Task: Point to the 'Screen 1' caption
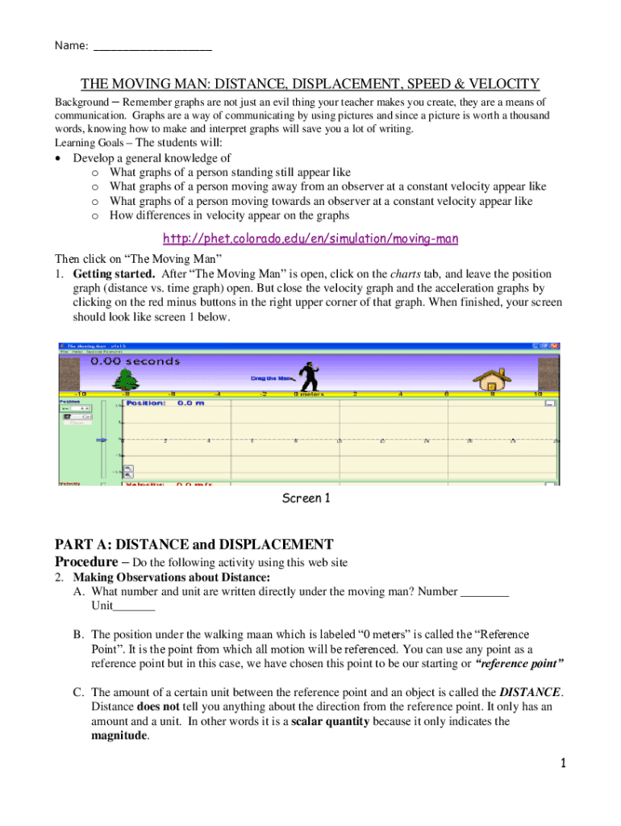[x=306, y=499]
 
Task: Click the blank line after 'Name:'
[x=152, y=46]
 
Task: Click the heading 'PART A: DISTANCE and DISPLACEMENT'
[x=194, y=544]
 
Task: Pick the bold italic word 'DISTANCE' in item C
[x=530, y=692]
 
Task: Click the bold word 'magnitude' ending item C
[x=119, y=736]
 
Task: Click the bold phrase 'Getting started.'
[x=113, y=273]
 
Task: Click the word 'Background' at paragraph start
[x=81, y=102]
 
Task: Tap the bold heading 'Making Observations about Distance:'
[x=171, y=578]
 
